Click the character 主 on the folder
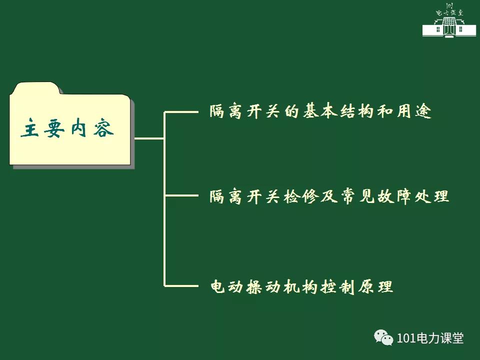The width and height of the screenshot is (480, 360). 30,127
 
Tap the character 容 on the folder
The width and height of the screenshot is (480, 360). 103,127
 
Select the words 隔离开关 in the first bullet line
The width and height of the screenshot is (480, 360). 244,111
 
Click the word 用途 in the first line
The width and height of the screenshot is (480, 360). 414,111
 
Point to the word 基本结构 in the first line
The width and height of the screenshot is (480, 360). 338,111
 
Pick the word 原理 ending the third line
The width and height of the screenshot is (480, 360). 375,287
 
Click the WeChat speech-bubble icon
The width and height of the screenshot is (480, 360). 383,337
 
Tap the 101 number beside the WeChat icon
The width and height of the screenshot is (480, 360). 406,338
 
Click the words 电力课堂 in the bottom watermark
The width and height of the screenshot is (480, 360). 439,338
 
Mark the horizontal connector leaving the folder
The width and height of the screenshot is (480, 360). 149,138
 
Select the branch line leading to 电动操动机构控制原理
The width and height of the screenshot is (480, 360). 181,286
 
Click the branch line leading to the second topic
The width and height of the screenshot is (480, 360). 181,195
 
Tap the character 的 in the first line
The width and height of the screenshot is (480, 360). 291,111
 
